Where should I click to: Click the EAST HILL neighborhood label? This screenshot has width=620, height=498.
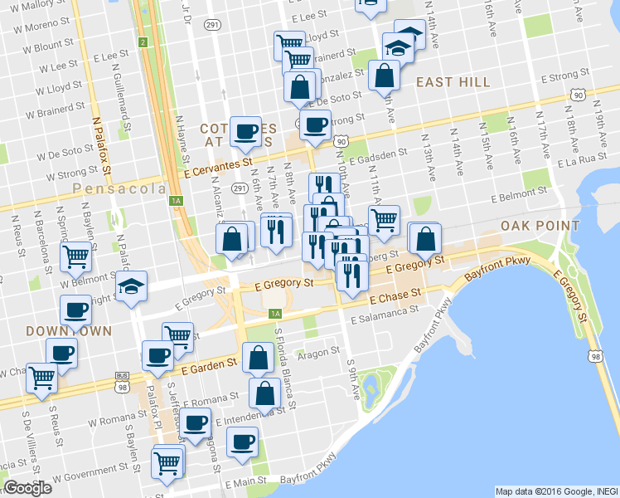[453, 81]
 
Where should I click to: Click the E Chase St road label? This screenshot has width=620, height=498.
[396, 295]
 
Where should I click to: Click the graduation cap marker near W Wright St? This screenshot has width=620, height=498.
[131, 286]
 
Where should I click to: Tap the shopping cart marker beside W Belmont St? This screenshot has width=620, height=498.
[75, 256]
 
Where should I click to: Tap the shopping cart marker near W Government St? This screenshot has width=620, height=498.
[167, 461]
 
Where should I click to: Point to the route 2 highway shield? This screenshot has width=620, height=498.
[143, 42]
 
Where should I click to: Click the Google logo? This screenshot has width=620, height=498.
[27, 488]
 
